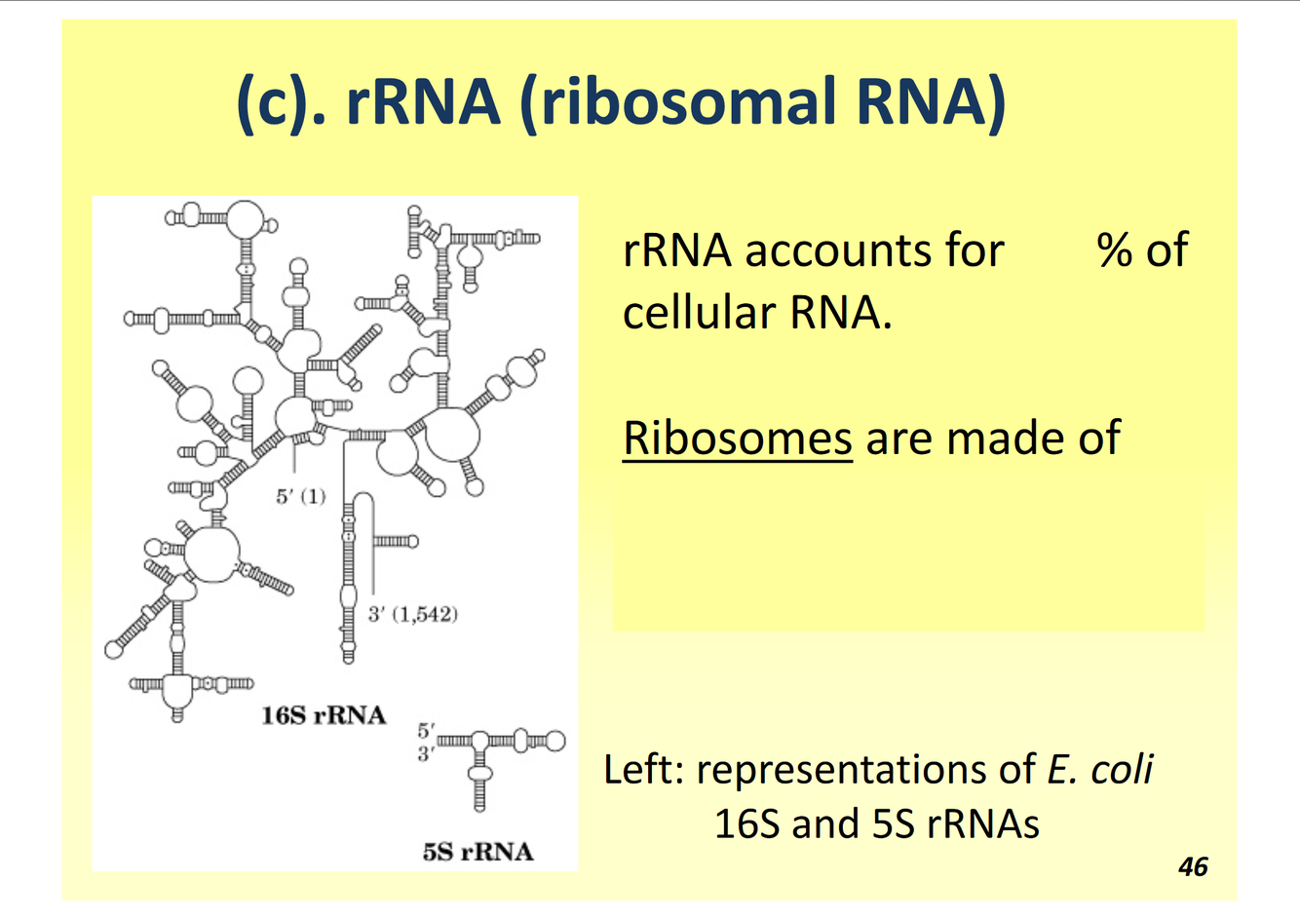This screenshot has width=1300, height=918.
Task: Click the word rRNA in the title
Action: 423,101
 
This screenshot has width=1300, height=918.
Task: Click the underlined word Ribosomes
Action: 737,438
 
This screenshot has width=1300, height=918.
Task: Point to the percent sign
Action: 1113,250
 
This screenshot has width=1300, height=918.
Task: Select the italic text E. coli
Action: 1099,769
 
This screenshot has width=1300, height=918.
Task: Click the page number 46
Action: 1193,866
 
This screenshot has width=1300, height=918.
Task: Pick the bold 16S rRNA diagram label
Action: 324,715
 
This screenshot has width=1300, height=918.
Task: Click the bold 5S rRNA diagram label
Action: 478,852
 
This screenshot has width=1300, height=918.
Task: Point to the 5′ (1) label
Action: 300,496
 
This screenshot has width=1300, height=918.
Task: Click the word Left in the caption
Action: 642,769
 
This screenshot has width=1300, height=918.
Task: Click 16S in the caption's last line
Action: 746,824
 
